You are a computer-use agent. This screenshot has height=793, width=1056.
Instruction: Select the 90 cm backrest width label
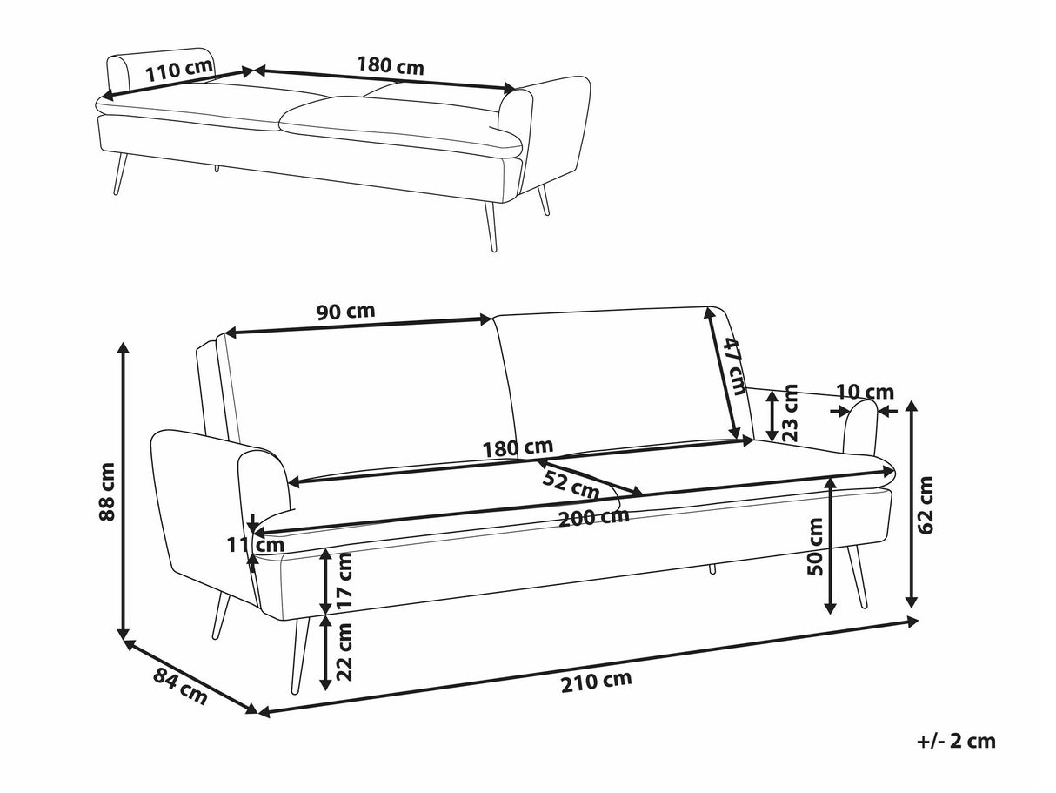coord(345,312)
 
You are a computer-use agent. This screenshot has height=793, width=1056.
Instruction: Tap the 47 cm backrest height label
coord(735,365)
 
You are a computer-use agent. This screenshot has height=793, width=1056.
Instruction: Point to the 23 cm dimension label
coord(790,413)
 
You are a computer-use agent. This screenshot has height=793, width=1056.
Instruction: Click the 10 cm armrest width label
coord(865,392)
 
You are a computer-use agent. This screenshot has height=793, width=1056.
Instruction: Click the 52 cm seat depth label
coord(571,483)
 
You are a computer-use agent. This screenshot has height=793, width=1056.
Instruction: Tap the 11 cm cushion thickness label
coord(256,546)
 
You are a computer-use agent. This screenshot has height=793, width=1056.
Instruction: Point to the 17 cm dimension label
coord(345,581)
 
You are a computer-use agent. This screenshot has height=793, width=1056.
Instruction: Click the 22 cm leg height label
coord(345,651)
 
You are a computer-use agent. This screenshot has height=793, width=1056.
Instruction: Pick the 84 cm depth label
coord(181,685)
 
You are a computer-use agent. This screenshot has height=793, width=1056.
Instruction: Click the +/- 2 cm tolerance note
coord(955,742)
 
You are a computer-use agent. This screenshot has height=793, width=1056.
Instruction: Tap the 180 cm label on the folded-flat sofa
coord(391,65)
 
